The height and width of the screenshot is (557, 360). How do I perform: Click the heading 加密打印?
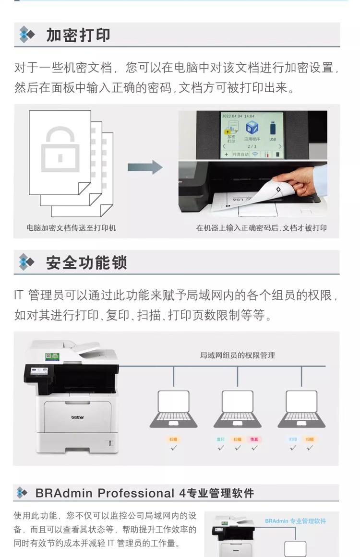pos(78,35)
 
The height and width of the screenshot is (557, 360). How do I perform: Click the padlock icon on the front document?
pos(60,149)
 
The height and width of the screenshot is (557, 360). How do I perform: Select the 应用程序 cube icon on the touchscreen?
pos(252,129)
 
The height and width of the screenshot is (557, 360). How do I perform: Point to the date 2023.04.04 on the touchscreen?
pos(231,116)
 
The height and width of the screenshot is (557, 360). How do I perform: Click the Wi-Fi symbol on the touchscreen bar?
pos(254,154)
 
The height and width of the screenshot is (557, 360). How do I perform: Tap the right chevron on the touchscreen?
pos(280,146)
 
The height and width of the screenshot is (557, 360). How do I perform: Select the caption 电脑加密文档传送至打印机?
pos(71,228)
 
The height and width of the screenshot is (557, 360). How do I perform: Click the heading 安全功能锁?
pos(86,263)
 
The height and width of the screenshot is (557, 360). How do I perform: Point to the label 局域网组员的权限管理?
pos(237,356)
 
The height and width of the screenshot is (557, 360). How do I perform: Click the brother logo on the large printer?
pos(78,417)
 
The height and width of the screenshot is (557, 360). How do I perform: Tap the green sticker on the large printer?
pos(52,356)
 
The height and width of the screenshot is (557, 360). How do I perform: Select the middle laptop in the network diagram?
pos(237,408)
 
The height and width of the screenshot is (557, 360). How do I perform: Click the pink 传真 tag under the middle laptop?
pos(254,439)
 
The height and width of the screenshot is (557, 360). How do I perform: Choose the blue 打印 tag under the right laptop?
pos(293,439)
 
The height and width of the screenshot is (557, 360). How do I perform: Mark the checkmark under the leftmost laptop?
pos(174,448)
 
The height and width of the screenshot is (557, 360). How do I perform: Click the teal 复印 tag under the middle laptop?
pos(221,439)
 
